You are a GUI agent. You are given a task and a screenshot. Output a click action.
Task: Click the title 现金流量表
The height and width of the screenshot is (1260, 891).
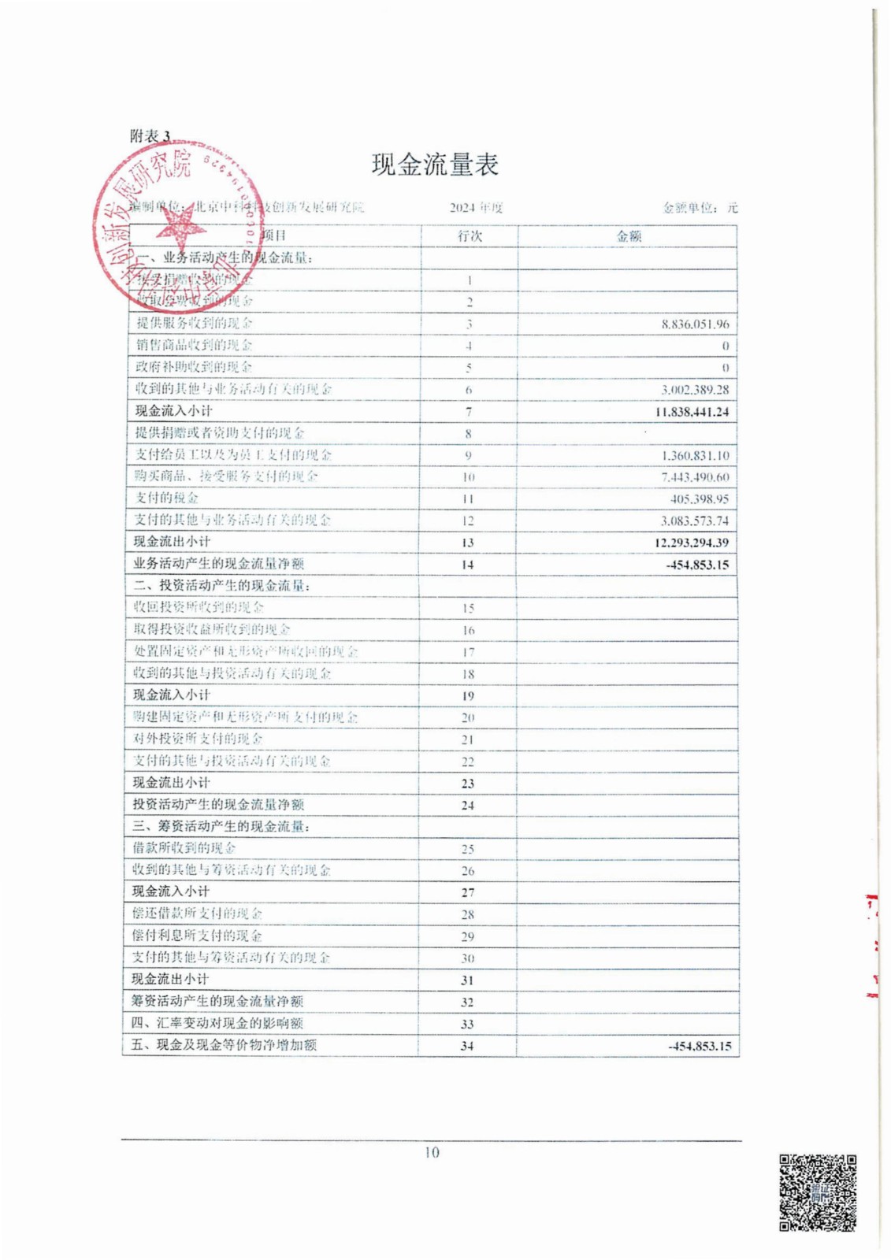(435, 165)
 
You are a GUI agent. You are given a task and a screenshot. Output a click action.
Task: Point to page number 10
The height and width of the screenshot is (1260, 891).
(432, 1152)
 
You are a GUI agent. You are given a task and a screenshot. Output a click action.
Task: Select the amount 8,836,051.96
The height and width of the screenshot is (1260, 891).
(695, 324)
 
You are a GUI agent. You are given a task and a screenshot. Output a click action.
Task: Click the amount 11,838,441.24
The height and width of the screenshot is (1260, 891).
(692, 412)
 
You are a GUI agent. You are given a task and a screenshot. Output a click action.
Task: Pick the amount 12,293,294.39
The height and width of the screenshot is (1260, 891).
(692, 543)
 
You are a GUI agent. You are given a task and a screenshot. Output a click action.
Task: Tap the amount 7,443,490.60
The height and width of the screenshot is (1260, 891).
(695, 477)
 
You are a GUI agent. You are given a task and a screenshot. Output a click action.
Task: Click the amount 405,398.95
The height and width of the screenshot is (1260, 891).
(700, 499)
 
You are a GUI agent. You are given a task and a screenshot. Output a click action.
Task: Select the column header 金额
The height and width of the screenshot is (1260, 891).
(628, 236)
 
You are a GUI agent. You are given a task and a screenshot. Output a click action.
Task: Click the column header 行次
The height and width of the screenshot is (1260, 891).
(470, 236)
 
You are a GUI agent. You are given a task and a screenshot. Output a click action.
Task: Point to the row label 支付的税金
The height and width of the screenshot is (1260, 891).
(166, 498)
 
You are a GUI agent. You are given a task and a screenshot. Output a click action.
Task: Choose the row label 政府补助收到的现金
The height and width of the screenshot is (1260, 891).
(194, 367)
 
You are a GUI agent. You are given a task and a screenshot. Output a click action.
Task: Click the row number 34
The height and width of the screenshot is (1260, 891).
(467, 1046)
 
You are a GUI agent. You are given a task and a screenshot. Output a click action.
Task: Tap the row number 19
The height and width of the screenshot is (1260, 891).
(468, 696)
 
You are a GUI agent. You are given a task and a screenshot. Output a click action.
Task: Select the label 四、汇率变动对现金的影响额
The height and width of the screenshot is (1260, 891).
(217, 1023)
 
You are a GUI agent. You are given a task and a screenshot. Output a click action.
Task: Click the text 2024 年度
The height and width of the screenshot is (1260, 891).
(476, 208)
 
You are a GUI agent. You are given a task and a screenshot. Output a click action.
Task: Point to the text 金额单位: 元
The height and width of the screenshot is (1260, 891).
(700, 208)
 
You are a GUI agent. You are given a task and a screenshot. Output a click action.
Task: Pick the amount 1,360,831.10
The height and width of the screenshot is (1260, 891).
(695, 456)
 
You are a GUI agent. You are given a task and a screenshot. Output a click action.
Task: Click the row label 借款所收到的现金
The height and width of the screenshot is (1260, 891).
(184, 848)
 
